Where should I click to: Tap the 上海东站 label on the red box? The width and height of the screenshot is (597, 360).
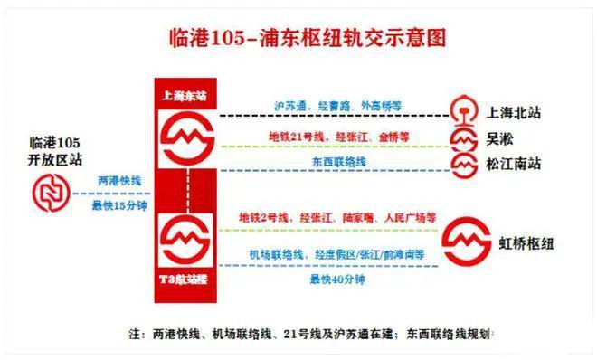(x=185, y=94)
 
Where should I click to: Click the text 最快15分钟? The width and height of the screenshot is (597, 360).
(x=118, y=205)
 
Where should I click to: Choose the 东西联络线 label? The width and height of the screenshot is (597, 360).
(x=338, y=162)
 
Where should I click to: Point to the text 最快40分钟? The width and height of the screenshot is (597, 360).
(x=336, y=280)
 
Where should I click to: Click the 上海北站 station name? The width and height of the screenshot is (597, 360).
(x=515, y=113)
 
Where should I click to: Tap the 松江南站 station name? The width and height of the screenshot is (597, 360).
(x=515, y=166)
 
